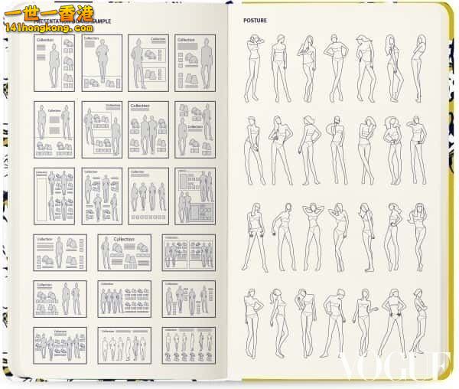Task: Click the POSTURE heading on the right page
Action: click(x=255, y=21)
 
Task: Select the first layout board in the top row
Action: click(x=54, y=62)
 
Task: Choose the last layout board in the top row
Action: click(x=195, y=62)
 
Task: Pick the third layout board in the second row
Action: click(x=148, y=129)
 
